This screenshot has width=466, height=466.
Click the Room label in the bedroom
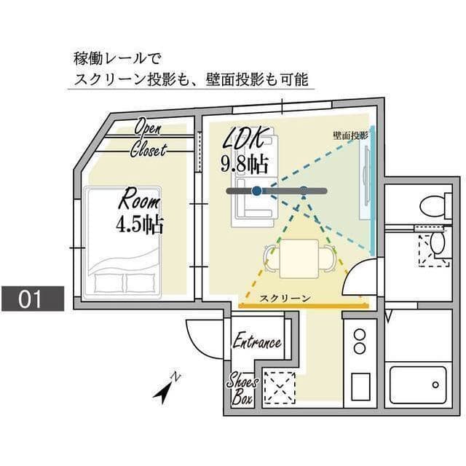[x=138, y=197]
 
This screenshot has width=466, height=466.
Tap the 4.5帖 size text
[x=138, y=223]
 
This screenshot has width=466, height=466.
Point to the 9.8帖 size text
[x=245, y=162]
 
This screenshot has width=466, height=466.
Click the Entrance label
[x=256, y=342]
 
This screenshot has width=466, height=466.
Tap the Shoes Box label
[x=240, y=390]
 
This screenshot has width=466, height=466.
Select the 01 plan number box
[x=32, y=299]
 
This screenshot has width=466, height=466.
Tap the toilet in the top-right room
[x=436, y=205]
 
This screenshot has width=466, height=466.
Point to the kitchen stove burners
[x=359, y=342]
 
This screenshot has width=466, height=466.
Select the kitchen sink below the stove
[x=360, y=387]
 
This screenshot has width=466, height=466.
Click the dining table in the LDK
[x=299, y=256]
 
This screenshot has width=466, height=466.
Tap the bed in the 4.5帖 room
[x=122, y=244]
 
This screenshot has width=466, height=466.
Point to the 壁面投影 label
[x=351, y=135]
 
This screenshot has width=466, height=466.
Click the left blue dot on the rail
[x=256, y=191]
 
